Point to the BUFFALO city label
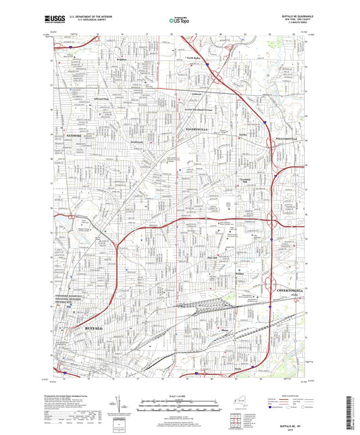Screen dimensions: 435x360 tap(94, 327)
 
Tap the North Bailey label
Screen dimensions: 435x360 tap(196, 58)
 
